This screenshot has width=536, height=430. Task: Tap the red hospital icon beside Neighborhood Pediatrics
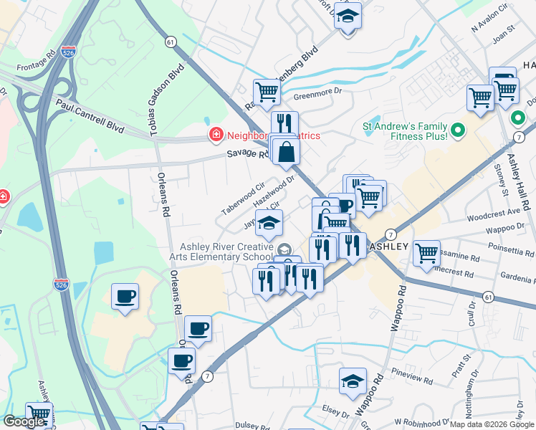pyautogui.click(x=215, y=134)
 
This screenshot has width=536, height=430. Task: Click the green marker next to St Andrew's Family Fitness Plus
pyautogui.click(x=459, y=130)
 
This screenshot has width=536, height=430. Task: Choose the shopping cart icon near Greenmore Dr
pyautogui.click(x=267, y=91)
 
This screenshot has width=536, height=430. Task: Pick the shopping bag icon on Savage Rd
pyautogui.click(x=286, y=151)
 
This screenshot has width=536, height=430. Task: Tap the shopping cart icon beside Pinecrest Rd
pyautogui.click(x=426, y=252)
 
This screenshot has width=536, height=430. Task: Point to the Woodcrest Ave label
pyautogui.click(x=492, y=213)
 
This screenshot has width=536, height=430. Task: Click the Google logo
pyautogui.click(x=24, y=421)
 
